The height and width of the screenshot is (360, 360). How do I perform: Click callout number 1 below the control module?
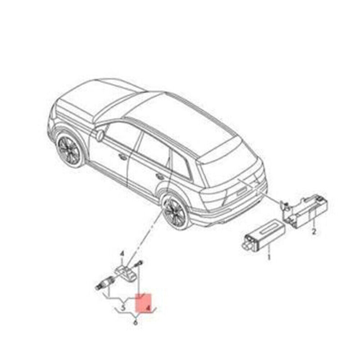pyautogui.click(x=270, y=258)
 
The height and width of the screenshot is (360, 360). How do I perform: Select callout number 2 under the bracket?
pyautogui.click(x=314, y=232)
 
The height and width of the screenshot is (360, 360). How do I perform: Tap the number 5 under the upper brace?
pyautogui.click(x=122, y=308)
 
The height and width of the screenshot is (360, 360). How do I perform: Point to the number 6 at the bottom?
pyautogui.click(x=136, y=322)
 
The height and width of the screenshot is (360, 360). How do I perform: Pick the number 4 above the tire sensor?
pyautogui.click(x=121, y=255)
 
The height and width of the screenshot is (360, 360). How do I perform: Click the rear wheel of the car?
pyautogui.click(x=175, y=210)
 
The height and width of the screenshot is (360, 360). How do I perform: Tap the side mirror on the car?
pyautogui.click(x=100, y=135)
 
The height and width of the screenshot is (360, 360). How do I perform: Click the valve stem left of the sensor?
pyautogui.click(x=102, y=283)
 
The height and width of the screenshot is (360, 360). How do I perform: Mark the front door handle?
pyautogui.click(x=122, y=157)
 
